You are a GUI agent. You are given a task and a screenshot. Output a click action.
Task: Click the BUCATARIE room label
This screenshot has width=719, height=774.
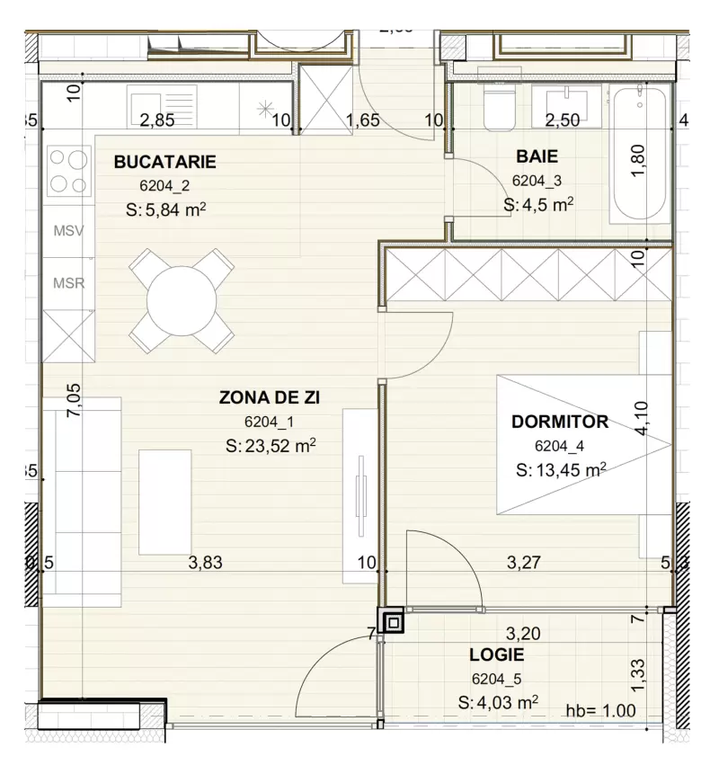pyautogui.click(x=164, y=163)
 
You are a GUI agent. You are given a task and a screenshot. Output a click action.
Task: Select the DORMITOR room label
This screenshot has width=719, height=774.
pyautogui.click(x=559, y=422)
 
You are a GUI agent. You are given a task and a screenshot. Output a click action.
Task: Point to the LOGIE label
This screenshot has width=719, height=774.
pyautogui.click(x=496, y=654)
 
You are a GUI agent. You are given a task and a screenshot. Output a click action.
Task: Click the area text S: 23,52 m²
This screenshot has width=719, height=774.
pyautogui.click(x=271, y=445)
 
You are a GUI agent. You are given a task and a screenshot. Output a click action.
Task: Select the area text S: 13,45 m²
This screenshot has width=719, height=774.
pyautogui.click(x=561, y=468)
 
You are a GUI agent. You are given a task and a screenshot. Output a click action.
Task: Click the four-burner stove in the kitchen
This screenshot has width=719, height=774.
pyautogui.click(x=68, y=171)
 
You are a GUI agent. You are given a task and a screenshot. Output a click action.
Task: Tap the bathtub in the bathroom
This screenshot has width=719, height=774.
pyautogui.click(x=640, y=155)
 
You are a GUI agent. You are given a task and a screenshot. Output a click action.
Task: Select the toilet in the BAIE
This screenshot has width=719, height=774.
pyautogui.click(x=495, y=109)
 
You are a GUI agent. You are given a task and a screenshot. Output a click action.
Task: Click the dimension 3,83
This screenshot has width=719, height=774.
pyautogui.click(x=204, y=564)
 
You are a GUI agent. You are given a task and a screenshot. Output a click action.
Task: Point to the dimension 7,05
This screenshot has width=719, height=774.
pyautogui.click(x=75, y=398)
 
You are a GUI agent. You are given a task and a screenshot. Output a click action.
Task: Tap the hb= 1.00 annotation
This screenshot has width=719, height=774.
pyautogui.click(x=600, y=710)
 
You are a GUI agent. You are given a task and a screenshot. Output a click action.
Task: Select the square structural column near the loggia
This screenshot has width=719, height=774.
pyautogui.click(x=393, y=621)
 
